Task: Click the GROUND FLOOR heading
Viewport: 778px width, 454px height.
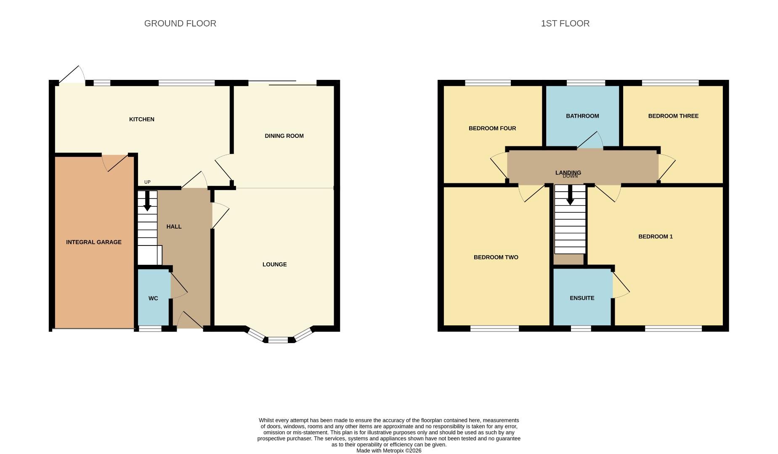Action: pos(180,24)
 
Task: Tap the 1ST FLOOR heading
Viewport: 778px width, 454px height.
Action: pos(565,24)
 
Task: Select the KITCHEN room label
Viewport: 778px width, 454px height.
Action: pos(141,119)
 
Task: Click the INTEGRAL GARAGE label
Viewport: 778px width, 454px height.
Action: pos(93,242)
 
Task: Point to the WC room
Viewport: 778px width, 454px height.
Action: pos(153,298)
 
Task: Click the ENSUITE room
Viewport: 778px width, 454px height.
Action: pos(582,298)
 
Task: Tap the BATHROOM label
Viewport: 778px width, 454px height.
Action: pos(582,116)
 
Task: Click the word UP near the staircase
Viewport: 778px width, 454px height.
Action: pos(147,182)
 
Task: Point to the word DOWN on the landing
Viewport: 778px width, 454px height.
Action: pos(570,176)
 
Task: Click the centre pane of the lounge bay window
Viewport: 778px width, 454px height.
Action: pos(278,340)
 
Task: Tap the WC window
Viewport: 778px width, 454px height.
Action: pos(150,329)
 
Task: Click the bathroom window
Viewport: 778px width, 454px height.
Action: pos(586,83)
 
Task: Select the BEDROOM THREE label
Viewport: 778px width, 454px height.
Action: pos(673,116)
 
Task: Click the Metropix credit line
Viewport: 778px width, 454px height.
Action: pos(388,451)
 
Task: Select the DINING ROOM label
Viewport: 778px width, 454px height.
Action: pos(284,136)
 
